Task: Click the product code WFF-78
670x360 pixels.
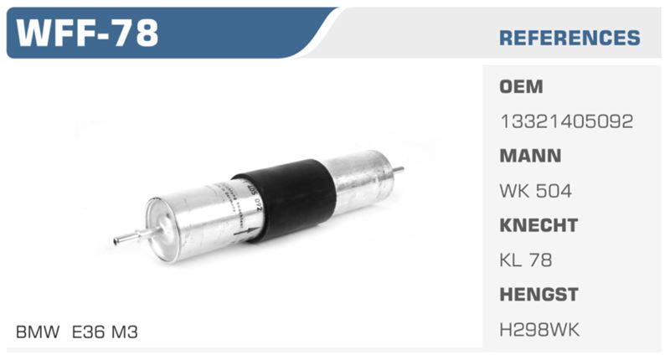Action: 87,33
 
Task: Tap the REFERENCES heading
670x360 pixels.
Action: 569,38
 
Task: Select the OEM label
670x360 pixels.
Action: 521,87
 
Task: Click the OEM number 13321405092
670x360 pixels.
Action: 567,121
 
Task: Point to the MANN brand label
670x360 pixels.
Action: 530,156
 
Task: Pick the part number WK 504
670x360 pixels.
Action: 535,191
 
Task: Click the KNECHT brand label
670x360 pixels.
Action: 539,225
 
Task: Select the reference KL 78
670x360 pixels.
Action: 526,260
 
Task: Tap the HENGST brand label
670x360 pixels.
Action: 539,294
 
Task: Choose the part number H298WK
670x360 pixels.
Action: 539,329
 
